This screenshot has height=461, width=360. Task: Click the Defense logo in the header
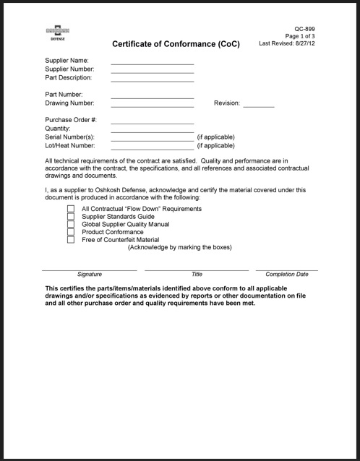click(56, 33)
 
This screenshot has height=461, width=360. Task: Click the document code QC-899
click(305, 29)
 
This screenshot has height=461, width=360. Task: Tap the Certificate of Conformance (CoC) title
click(176, 44)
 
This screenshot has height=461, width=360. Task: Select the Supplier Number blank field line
click(152, 72)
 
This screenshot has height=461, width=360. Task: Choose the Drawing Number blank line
click(152, 105)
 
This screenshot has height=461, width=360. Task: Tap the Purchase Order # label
click(71, 119)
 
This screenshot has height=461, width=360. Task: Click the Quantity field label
click(58, 128)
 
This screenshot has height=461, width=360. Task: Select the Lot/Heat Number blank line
click(152, 147)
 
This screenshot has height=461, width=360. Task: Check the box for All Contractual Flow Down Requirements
click(71, 209)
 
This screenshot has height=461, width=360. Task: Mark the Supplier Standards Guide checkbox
click(71, 217)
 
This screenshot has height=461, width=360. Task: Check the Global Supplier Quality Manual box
click(71, 225)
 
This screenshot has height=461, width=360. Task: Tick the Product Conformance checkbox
click(71, 233)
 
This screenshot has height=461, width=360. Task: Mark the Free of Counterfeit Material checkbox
click(71, 241)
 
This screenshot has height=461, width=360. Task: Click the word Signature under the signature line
click(90, 275)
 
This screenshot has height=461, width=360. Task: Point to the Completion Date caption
click(287, 275)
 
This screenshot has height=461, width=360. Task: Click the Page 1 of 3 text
click(300, 36)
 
